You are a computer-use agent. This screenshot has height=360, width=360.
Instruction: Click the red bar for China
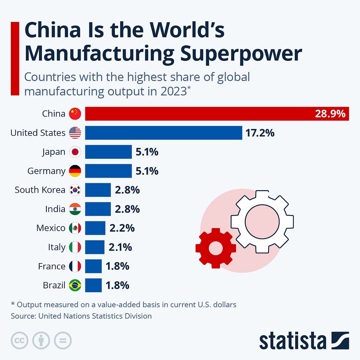point(196,114)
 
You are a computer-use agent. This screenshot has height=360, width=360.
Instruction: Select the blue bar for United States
point(164,133)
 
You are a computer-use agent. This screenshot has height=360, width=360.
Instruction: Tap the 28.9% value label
point(330,114)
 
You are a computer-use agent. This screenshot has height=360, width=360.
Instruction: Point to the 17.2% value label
point(260,133)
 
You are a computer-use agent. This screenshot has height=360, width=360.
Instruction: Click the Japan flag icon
point(75,152)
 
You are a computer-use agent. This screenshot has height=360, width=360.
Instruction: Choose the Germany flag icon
point(75,171)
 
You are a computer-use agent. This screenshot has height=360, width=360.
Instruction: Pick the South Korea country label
point(40,190)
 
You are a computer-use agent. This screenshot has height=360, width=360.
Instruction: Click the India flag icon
point(75,209)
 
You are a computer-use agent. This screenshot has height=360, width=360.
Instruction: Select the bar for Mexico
point(95,228)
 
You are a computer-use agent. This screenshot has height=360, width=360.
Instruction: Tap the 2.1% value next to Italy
point(120,247)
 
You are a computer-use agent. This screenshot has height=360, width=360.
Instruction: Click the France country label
point(52,266)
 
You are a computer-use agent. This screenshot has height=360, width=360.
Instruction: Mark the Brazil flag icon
point(75,285)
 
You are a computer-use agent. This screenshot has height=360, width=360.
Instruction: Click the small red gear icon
point(215,248)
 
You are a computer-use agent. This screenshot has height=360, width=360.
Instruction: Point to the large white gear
point(262,222)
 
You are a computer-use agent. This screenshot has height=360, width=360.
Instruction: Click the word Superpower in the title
point(241,53)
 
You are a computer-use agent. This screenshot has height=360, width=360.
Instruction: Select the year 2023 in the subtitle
point(173,91)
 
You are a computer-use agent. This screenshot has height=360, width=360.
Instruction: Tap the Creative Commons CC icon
point(20,341)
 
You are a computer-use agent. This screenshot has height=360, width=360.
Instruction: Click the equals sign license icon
point(63,341)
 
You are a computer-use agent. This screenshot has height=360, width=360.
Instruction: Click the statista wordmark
point(293,341)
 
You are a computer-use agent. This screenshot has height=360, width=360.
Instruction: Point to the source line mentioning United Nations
point(81,316)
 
